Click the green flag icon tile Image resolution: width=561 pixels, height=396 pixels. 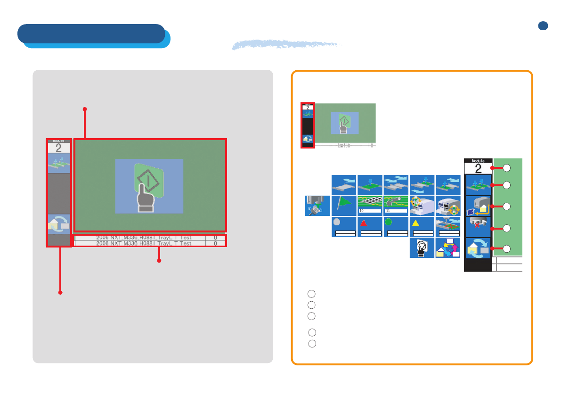coord(343,206)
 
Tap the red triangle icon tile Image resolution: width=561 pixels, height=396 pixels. coord(369,227)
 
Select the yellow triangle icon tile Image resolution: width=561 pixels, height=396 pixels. coord(422,227)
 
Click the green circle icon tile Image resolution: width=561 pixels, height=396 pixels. coord(395,227)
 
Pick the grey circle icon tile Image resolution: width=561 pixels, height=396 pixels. coord(343,227)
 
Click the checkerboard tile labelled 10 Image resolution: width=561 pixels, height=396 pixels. coord(369,206)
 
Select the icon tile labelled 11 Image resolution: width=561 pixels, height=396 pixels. coord(395,206)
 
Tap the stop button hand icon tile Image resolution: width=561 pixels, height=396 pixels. coord(422,247)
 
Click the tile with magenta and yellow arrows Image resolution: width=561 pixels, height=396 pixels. coord(447,247)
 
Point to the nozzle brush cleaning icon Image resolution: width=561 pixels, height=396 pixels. coord(317,206)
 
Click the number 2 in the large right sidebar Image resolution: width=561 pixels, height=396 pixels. coord(478,169)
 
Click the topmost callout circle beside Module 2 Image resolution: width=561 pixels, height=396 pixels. coord(507,167)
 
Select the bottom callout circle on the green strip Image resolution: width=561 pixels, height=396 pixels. coord(507,249)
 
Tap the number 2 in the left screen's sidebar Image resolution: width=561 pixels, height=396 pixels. coord(58,148)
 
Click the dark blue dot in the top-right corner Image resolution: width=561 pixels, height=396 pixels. coord(543,26)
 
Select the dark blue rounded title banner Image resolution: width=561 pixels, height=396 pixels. coord(91,33)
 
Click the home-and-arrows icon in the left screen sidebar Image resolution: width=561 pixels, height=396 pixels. coord(58,224)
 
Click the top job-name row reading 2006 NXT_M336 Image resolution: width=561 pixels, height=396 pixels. coord(144,238)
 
